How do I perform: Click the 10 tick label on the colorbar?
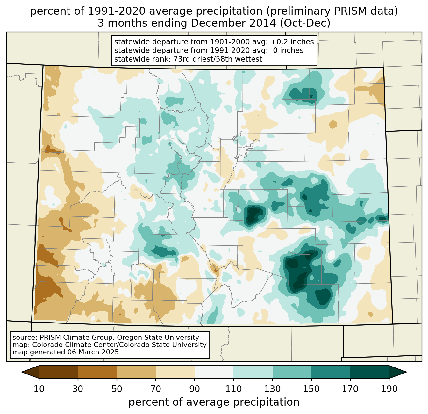tap(39, 389)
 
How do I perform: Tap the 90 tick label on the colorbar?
tap(195, 389)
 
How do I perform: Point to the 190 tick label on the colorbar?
tap(389, 389)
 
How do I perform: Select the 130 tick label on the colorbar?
tap(272, 389)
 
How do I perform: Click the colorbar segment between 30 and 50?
tap(97, 372)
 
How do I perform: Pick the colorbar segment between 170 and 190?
tap(369, 372)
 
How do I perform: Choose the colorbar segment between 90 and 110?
tap(214, 372)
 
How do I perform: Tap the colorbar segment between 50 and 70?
tap(136, 372)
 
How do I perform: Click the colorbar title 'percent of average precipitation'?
tap(214, 402)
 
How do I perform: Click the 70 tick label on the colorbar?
tap(156, 389)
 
